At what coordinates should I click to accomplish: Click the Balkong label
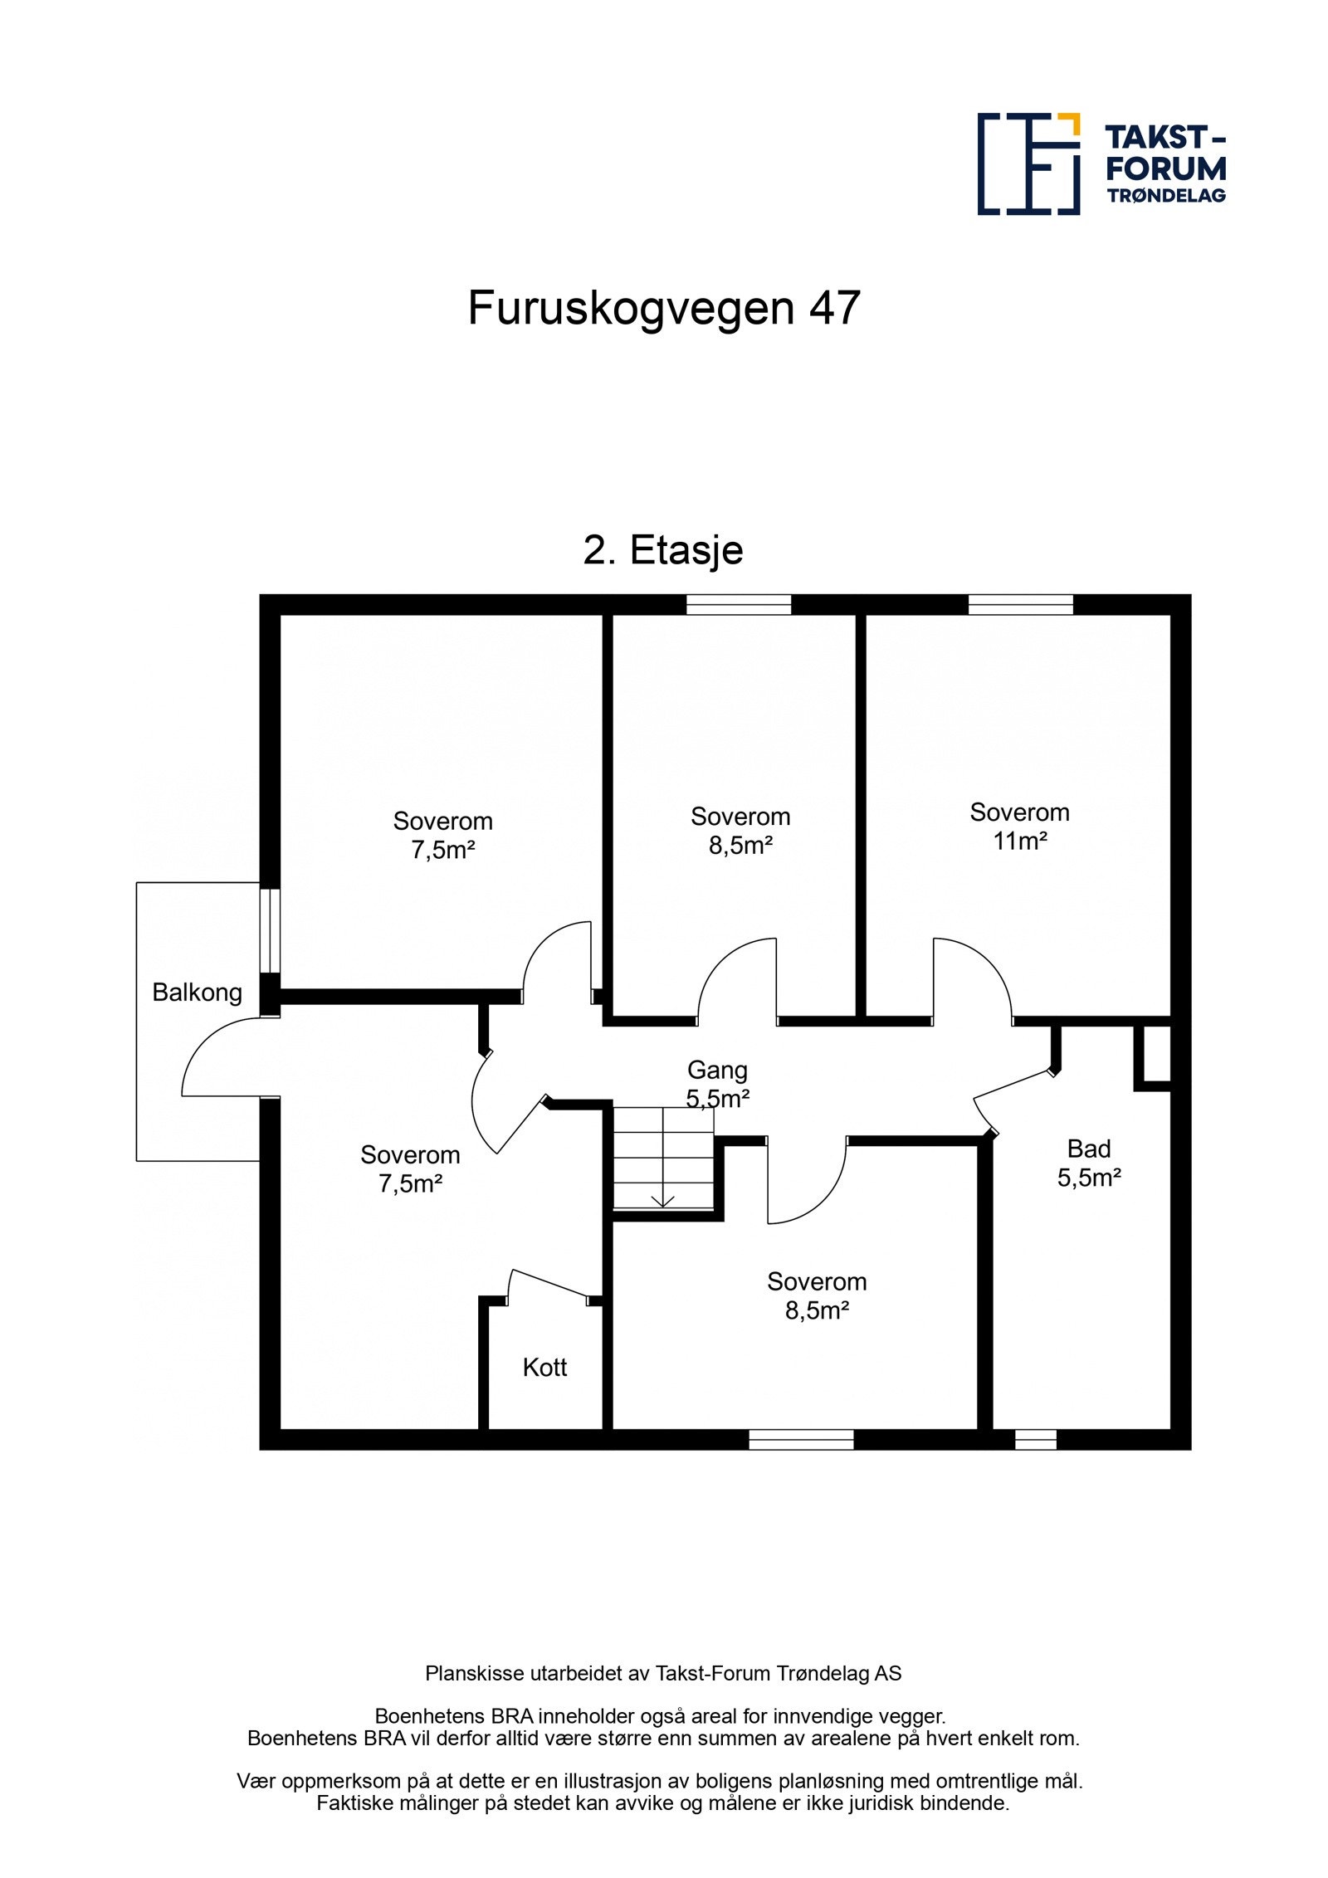[x=197, y=992]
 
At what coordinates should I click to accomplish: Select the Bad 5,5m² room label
[x=1088, y=1163]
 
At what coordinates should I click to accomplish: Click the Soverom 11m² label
[x=1018, y=826]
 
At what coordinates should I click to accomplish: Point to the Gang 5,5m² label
[x=717, y=1084]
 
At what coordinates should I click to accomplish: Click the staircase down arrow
[x=662, y=1201]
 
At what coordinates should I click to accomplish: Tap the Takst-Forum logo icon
[x=1028, y=163]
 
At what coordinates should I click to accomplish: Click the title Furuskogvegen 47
[x=663, y=308]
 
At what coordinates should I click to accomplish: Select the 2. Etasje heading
[x=662, y=549]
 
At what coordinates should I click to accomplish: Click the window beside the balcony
[x=270, y=930]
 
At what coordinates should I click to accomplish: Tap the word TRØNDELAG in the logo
[x=1165, y=196]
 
